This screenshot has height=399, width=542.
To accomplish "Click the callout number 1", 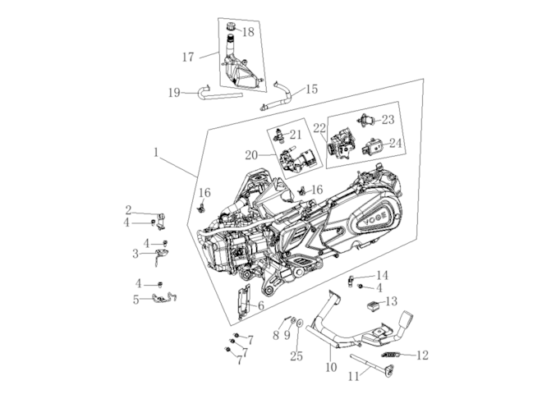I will point(155,153).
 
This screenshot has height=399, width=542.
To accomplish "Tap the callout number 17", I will point(188,57).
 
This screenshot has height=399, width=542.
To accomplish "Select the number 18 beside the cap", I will point(247,32).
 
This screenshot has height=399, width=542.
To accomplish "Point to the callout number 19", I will point(175,93).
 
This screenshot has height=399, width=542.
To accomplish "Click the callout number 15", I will point(312,89).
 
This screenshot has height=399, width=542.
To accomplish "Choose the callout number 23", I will point(388,120).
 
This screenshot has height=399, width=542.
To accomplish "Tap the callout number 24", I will point(397,143).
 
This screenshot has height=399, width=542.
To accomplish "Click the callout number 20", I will point(251,154).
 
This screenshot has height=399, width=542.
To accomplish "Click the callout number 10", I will point(331,368).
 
